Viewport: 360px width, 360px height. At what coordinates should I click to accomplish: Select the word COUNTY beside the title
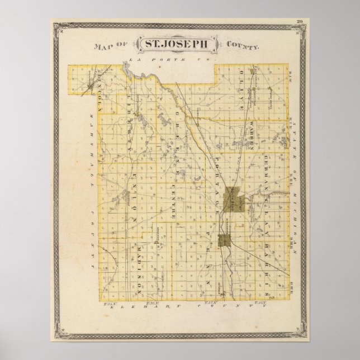tap(241, 46)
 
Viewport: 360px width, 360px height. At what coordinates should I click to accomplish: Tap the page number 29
tap(300, 22)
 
